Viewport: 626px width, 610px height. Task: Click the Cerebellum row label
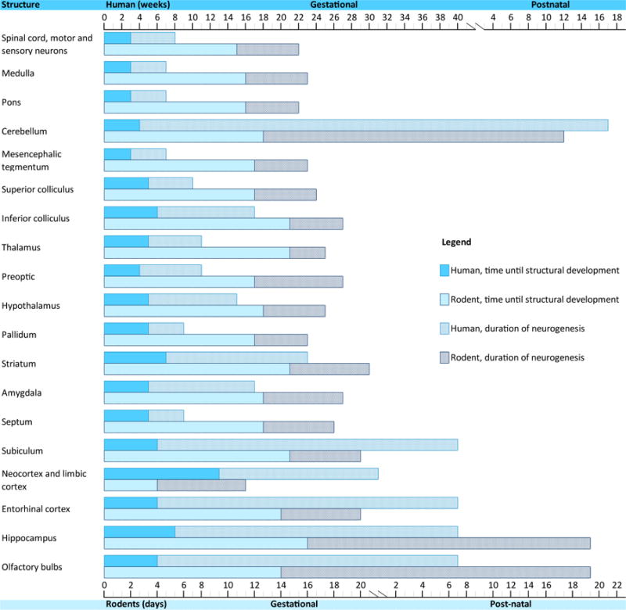point(24,131)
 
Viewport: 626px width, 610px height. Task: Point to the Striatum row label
point(19,364)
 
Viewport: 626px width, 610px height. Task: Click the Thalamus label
point(21,248)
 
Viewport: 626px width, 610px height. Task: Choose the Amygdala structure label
point(22,393)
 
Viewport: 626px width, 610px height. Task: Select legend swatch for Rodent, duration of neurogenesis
point(445,357)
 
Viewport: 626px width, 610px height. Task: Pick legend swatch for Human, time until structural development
point(445,271)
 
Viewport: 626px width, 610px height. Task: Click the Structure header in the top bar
point(21,5)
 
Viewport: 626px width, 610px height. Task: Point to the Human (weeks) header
point(133,5)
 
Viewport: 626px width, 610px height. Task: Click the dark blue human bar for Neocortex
point(161,474)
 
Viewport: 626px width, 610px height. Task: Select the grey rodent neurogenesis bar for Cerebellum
point(413,137)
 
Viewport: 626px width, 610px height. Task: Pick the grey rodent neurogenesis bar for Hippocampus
point(448,543)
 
